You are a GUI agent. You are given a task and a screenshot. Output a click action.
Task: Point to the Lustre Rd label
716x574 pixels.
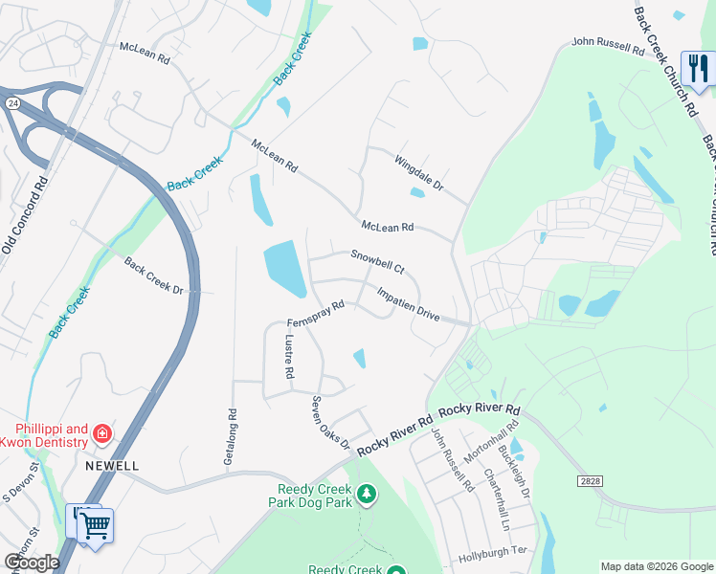pyautogui.click(x=288, y=356)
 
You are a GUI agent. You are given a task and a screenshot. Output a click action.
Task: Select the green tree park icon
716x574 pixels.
pyautogui.click(x=365, y=494)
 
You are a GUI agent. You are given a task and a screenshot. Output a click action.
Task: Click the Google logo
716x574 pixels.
pyautogui.click(x=31, y=563)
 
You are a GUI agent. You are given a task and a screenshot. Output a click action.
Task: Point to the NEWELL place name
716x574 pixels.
pyautogui.click(x=112, y=466)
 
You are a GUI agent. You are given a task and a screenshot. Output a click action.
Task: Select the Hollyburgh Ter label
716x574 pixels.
pyautogui.click(x=493, y=552)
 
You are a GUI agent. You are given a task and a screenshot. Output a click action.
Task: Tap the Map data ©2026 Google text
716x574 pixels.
pyautogui.click(x=656, y=566)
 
